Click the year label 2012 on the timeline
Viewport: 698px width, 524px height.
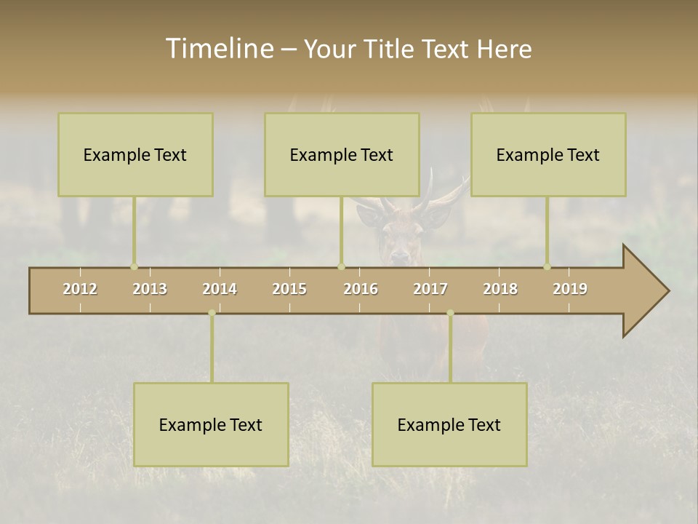pos(80,289)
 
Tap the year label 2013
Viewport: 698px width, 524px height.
pos(150,289)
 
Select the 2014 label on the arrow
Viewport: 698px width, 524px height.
pos(220,289)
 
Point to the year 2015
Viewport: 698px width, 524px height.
pos(289,289)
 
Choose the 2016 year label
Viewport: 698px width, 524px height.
pos(361,289)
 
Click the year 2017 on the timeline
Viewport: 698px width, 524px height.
pos(430,289)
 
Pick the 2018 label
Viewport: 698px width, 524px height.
pos(500,289)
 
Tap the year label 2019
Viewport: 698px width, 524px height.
pos(570,289)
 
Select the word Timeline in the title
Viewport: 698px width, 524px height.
pos(218,49)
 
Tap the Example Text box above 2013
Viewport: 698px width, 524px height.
pos(135,154)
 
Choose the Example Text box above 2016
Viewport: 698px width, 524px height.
pos(342,154)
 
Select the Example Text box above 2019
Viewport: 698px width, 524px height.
pos(548,154)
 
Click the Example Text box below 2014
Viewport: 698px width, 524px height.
pos(211,424)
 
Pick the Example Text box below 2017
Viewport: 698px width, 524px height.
pos(449,424)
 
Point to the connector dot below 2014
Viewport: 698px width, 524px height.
pos(212,313)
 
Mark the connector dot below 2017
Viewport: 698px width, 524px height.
pos(450,313)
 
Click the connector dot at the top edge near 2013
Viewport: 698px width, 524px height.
pos(134,266)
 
